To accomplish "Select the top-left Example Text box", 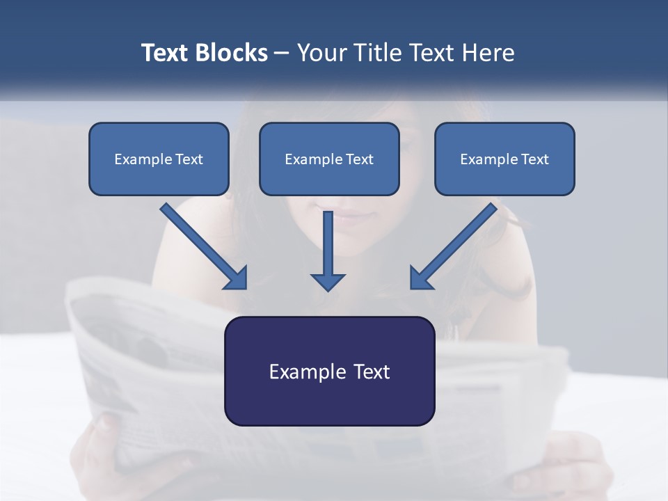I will (x=159, y=159).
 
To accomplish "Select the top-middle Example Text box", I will (x=329, y=159).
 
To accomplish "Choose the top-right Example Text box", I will (x=504, y=159).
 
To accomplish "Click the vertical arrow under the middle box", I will (x=328, y=247).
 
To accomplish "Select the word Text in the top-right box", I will (x=534, y=159).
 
